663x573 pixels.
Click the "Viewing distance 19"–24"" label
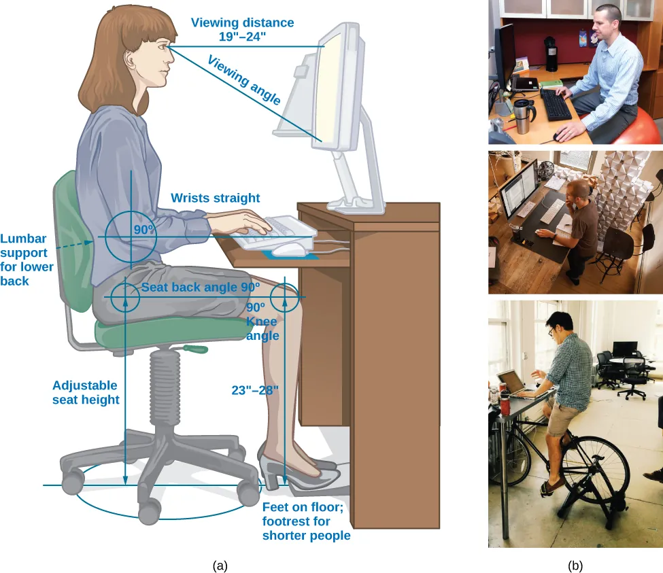[242, 29]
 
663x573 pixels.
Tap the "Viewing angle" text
[243, 80]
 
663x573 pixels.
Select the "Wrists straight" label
[215, 198]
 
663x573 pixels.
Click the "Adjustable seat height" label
[85, 392]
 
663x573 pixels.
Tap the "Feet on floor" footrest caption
[306, 521]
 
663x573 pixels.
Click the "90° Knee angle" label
[262, 321]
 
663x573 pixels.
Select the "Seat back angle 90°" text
[201, 288]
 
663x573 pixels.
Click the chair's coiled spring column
[163, 387]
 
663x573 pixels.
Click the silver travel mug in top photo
[522, 116]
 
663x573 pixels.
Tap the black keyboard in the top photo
[558, 106]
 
